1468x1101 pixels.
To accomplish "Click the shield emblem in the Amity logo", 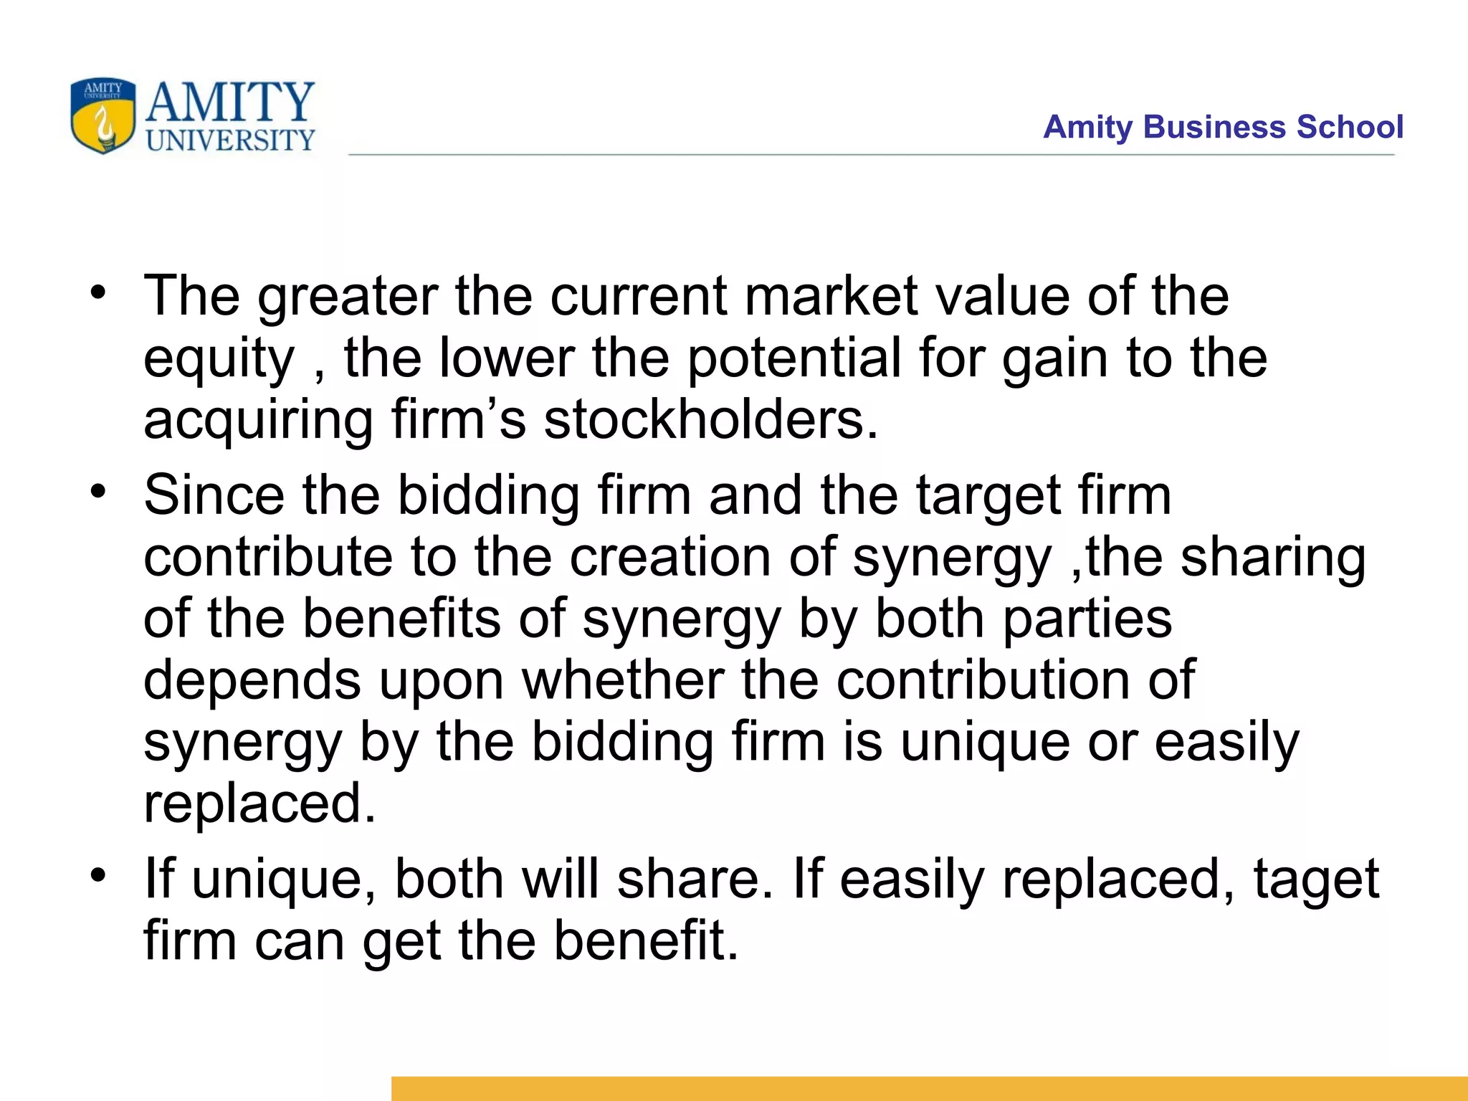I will [103, 115].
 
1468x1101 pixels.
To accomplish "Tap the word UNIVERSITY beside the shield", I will [230, 140].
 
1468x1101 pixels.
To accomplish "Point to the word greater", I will [348, 297].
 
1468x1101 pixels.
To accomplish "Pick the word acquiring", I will [258, 421].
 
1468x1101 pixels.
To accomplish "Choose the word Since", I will [214, 495].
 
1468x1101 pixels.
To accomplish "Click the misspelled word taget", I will [1316, 881].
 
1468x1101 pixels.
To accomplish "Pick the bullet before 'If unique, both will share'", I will [98, 874].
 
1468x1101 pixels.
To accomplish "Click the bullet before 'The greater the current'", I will [98, 291].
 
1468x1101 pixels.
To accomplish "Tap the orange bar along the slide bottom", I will [929, 1088].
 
